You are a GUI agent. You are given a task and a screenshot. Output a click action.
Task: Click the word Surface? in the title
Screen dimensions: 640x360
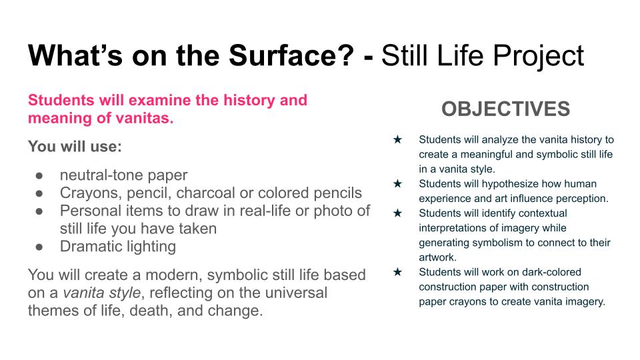(291, 55)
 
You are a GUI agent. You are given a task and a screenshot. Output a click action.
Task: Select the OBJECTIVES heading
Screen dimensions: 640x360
(506, 109)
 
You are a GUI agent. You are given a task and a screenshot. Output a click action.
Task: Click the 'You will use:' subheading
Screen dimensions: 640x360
(75, 146)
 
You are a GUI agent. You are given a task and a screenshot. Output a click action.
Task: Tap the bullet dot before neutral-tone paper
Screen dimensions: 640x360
(39, 175)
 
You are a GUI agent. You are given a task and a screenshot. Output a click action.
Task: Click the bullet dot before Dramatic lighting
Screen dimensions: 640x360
(39, 247)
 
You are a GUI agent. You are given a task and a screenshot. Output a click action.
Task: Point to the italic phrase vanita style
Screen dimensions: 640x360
(101, 293)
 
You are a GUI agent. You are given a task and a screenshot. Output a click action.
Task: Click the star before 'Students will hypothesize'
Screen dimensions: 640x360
(397, 184)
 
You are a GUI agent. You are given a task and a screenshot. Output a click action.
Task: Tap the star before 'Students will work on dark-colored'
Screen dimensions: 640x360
(397, 272)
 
